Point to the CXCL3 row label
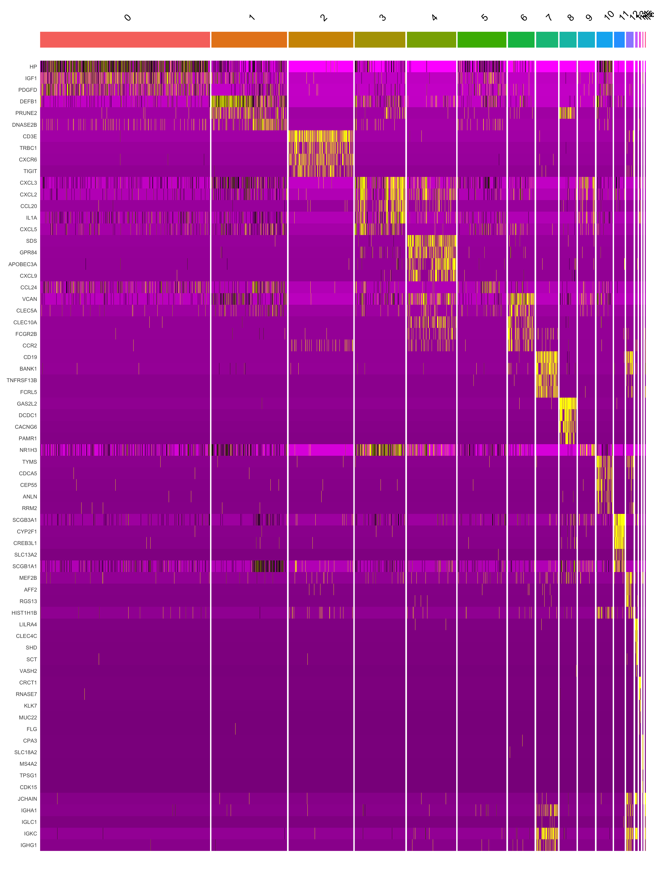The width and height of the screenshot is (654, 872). click(28, 183)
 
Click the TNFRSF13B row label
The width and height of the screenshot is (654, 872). click(22, 380)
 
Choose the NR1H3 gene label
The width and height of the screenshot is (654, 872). click(28, 450)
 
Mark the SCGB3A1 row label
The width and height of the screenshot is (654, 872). click(25, 520)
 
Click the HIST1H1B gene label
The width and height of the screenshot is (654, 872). click(24, 613)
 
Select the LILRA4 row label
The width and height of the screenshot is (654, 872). click(28, 624)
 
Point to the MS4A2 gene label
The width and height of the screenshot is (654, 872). click(28, 764)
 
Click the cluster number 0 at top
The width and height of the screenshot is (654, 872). click(127, 18)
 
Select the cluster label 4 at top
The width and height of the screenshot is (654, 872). click(434, 18)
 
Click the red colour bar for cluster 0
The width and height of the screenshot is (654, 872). click(125, 40)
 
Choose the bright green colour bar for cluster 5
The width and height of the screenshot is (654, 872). click(482, 40)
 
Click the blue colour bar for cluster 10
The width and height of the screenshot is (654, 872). click(604, 40)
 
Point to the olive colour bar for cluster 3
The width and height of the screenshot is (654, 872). click(380, 40)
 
